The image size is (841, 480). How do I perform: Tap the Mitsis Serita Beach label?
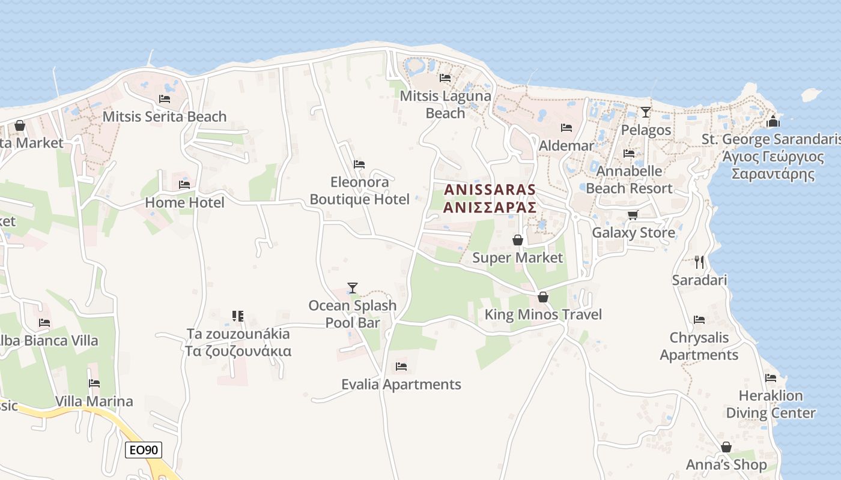(165, 116)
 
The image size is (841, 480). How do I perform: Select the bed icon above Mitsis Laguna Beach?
(445, 78)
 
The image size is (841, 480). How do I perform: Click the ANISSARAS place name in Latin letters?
(490, 190)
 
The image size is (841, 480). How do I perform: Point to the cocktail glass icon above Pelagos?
(646, 112)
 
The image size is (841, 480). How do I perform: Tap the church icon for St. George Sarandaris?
(773, 121)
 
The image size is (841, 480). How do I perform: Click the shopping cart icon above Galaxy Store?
(633, 215)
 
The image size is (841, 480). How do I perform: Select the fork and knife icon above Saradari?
(699, 262)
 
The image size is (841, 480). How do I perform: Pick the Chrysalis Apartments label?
(699, 346)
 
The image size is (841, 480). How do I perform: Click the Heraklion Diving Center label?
(771, 404)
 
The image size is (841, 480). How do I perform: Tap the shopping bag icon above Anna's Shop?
(726, 447)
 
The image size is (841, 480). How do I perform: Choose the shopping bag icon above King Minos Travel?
(543, 297)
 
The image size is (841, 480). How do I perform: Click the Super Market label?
(518, 258)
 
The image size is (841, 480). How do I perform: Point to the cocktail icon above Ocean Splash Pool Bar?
(353, 288)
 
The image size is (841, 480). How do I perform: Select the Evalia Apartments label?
(401, 385)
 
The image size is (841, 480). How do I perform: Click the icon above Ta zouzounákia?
(238, 316)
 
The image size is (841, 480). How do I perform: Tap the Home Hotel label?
(184, 203)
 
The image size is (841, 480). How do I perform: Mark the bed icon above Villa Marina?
(94, 383)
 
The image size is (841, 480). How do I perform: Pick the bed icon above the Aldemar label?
(566, 128)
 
